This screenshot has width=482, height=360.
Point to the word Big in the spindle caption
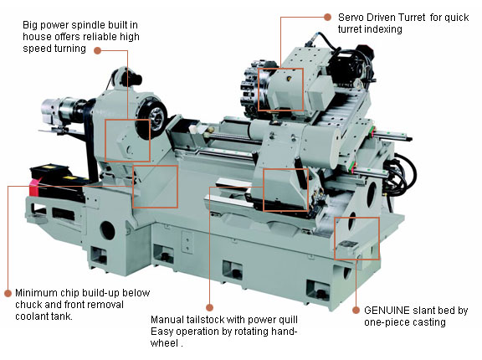pyautogui.click(x=30, y=25)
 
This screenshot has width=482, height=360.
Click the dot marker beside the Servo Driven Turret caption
pyautogui.click(x=328, y=18)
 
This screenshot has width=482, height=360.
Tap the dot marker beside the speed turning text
pyautogui.click(x=97, y=50)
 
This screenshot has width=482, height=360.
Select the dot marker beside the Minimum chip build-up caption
pyautogui.click(x=8, y=293)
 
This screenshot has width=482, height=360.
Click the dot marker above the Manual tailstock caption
pyautogui.click(x=209, y=307)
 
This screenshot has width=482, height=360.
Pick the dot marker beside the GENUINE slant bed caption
pyautogui.click(x=356, y=311)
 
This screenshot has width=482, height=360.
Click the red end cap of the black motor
pyautogui.click(x=33, y=188)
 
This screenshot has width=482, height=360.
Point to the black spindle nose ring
pyautogui.click(x=151, y=117)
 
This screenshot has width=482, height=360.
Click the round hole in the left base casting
pyautogui.click(x=107, y=230)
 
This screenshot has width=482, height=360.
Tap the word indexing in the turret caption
pyautogui.click(x=384, y=29)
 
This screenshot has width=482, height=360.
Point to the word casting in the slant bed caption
pyautogui.click(x=429, y=322)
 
